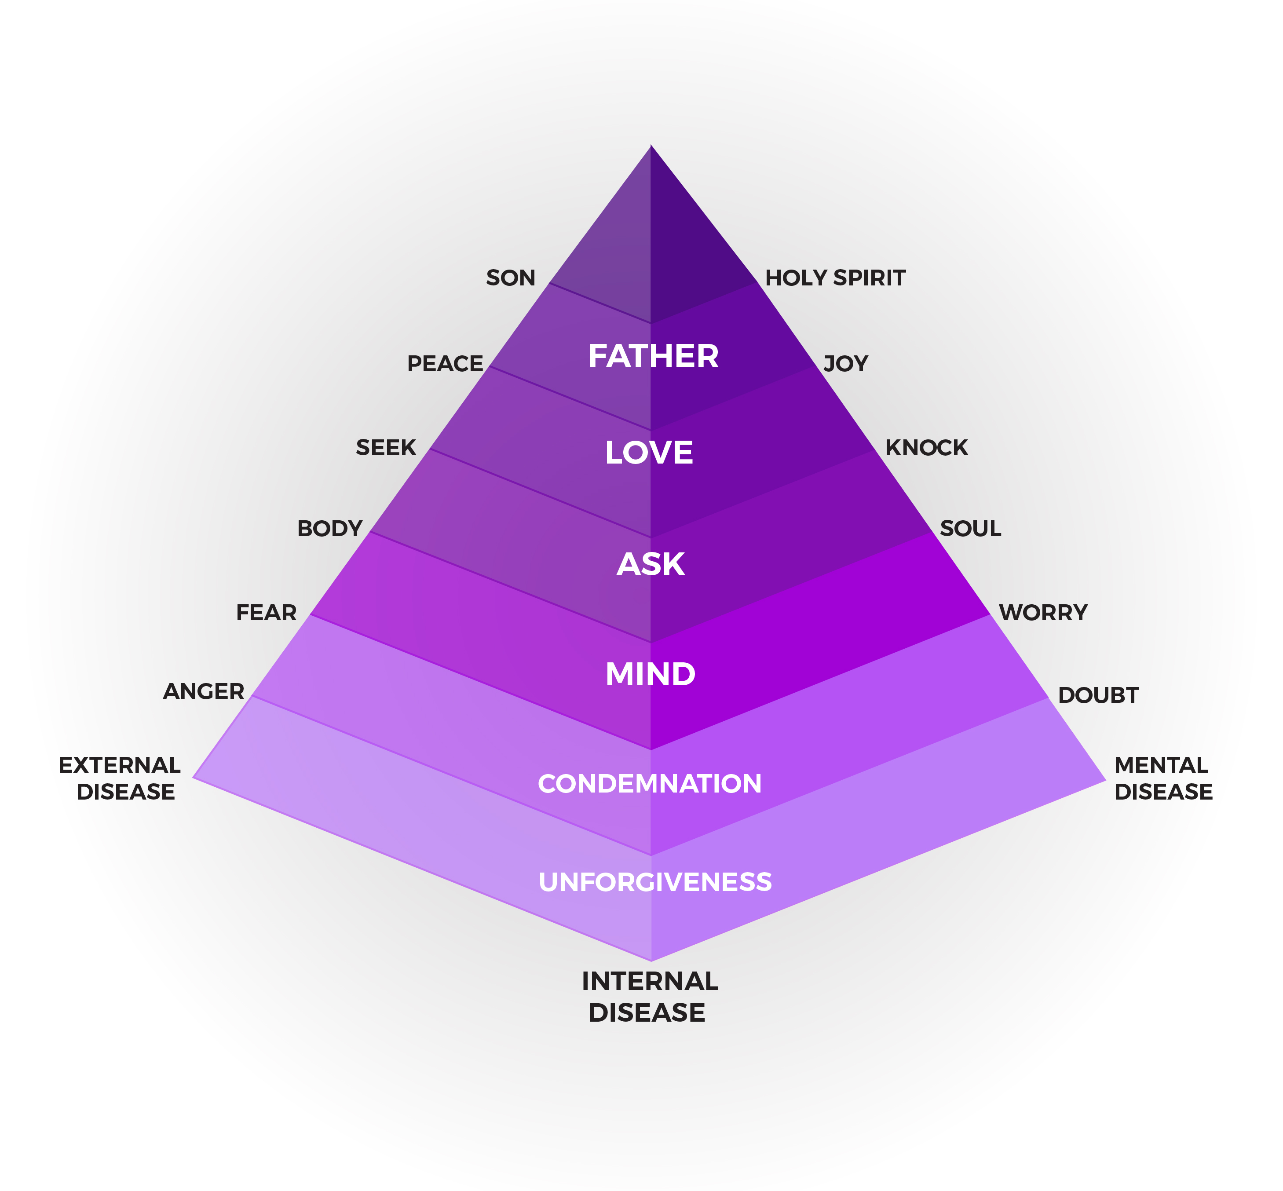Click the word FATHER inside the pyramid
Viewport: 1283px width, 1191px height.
(653, 356)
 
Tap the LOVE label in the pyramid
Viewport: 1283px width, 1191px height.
(649, 453)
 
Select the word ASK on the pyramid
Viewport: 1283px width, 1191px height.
(650, 565)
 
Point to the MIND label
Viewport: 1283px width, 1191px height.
(650, 675)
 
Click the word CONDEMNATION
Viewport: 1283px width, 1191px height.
(650, 784)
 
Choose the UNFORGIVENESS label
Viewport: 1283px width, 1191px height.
(655, 882)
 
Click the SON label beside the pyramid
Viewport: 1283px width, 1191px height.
(510, 278)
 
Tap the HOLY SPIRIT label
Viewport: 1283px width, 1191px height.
(835, 278)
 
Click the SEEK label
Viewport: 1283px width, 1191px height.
(386, 447)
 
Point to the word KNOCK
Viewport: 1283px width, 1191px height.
(926, 447)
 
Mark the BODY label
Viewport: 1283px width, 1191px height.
(329, 529)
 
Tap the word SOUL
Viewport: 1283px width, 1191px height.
(970, 529)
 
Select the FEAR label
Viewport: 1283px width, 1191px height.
(266, 612)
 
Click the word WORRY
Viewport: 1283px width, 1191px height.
(1043, 612)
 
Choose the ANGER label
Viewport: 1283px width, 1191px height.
(204, 691)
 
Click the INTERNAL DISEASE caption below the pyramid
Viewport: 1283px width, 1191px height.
(649, 996)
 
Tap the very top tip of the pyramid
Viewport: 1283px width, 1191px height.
(651, 147)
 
